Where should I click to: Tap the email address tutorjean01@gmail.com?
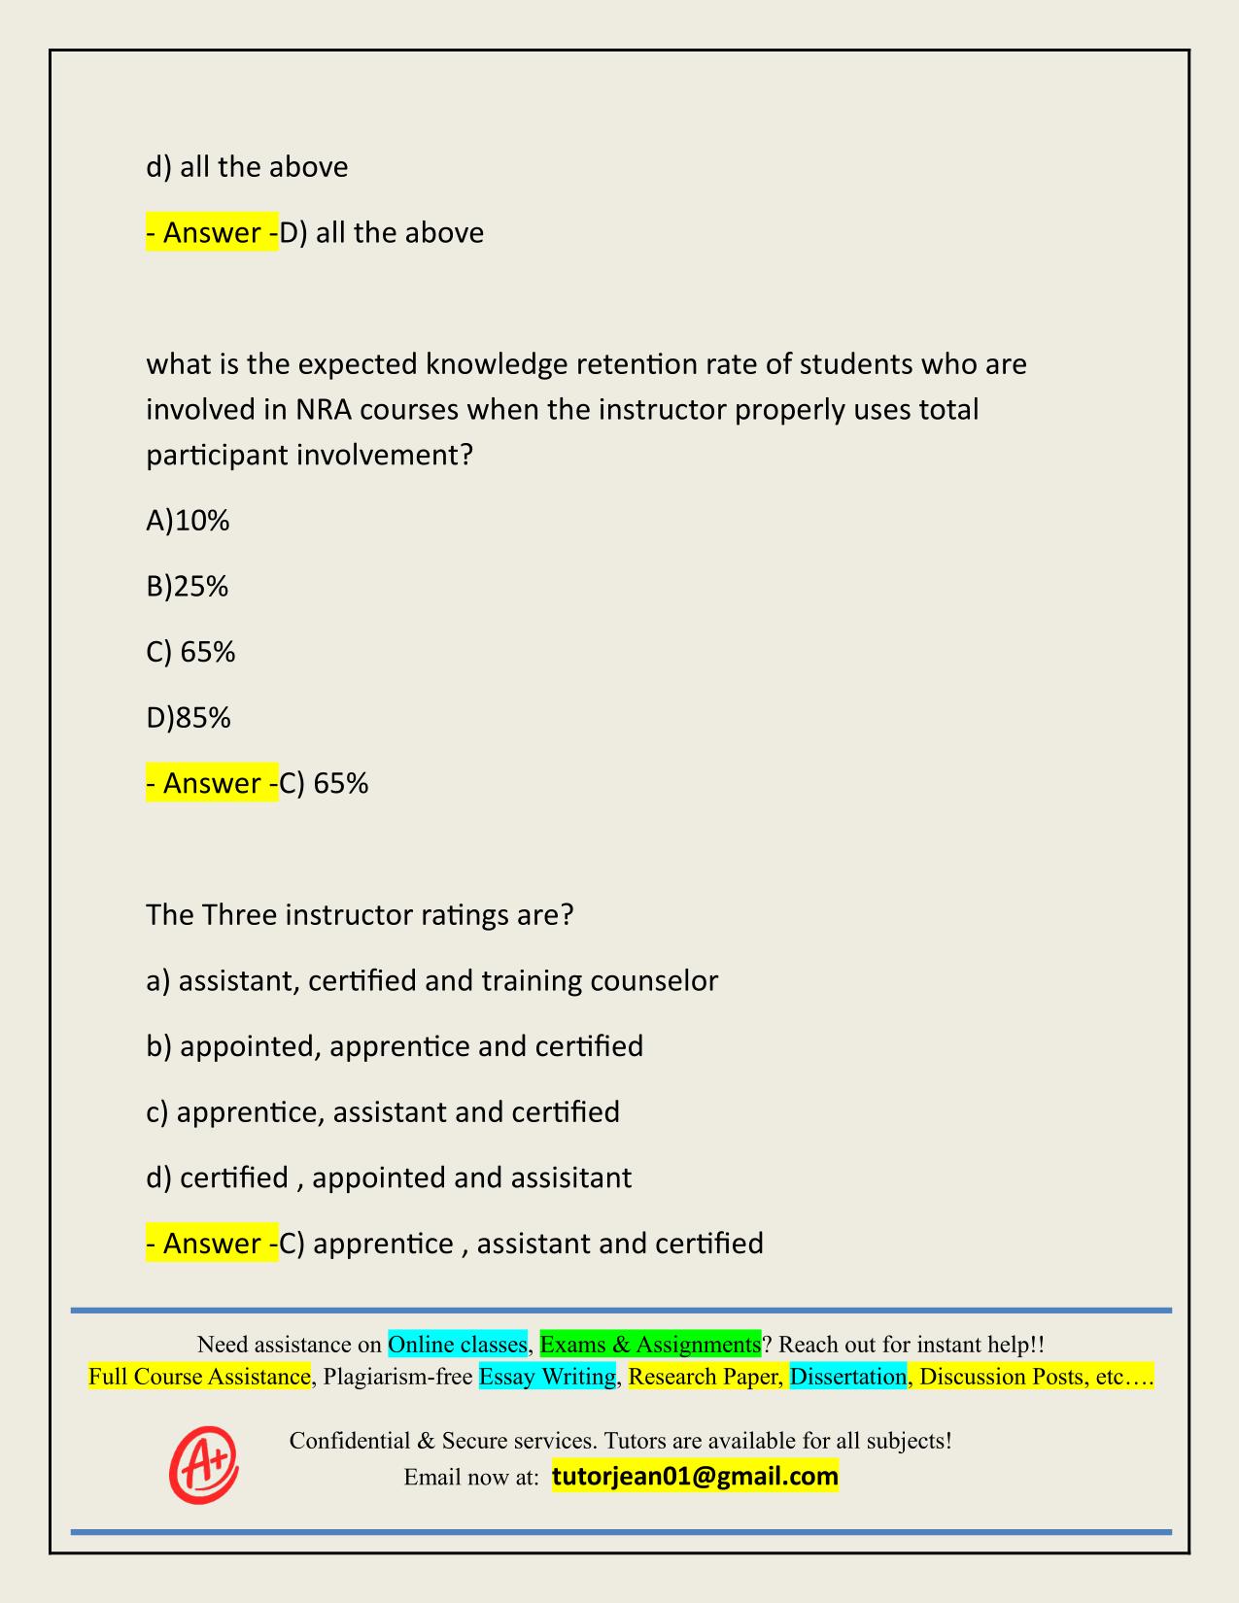point(695,1477)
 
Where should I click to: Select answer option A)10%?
point(188,522)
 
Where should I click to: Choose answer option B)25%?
point(187,587)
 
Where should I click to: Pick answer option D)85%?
point(189,718)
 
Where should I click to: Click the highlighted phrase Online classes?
point(458,1345)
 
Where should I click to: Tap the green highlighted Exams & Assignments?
point(650,1345)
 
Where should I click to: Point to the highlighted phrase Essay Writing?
point(548,1377)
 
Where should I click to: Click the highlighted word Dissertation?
point(848,1377)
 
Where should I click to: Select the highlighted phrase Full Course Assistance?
point(199,1377)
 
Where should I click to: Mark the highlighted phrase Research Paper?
point(705,1377)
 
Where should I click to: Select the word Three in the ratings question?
point(240,915)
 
